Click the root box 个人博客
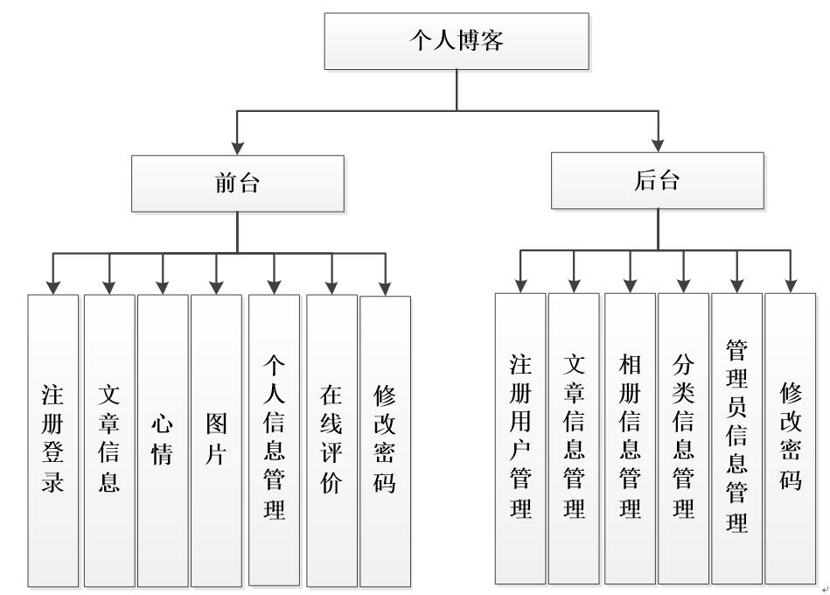point(457,41)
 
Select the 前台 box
point(237,183)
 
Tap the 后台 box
point(657,180)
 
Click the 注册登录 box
point(52,440)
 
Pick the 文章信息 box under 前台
point(109,440)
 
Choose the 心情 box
point(163,440)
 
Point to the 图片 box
point(216,440)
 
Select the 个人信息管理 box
point(274,440)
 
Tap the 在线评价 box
point(331,440)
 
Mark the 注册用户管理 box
point(520,437)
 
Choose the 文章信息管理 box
point(574,437)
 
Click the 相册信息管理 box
point(630,437)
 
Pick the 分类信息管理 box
point(683,437)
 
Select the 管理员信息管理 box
point(736,437)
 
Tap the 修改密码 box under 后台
point(790,437)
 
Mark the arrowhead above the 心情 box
point(163,285)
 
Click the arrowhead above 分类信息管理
point(683,283)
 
